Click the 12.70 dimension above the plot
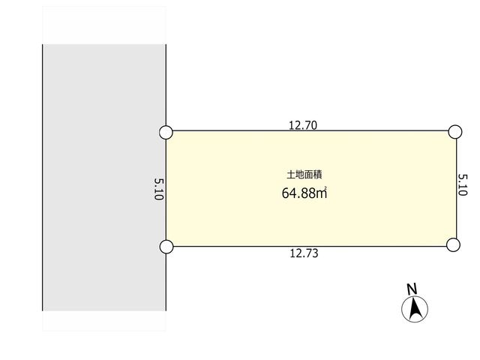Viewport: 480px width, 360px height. coord(303,125)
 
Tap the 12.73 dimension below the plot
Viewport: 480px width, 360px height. coord(304,253)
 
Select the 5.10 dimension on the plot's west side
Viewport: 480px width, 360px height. coord(158,190)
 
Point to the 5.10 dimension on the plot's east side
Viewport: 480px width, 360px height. coord(463,185)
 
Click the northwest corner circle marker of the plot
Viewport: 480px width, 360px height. coord(166,133)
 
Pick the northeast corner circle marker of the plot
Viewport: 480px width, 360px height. coord(455,132)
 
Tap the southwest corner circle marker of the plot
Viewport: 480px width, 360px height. coord(166,247)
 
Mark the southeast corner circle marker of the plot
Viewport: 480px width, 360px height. coord(453,245)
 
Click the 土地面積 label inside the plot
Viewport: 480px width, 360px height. coord(304,175)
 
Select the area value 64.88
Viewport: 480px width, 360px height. coord(298,193)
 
